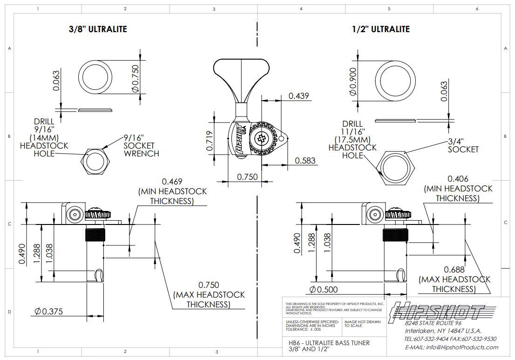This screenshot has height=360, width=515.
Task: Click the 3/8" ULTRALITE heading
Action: point(97,29)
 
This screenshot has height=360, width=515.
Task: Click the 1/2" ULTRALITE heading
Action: point(380,29)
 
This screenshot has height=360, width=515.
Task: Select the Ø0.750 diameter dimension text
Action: point(135,78)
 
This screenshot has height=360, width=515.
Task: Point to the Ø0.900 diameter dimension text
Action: point(352,82)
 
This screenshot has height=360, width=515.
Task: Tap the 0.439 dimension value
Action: point(298,96)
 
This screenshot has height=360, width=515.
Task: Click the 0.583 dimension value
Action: point(305,161)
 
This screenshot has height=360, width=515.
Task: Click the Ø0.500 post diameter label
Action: point(323,290)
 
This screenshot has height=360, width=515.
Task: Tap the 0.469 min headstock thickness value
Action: point(172,182)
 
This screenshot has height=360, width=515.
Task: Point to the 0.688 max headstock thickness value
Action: point(454,270)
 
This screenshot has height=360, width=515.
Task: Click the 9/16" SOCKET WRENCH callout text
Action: point(141,145)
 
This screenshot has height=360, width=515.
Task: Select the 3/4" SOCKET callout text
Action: point(463,145)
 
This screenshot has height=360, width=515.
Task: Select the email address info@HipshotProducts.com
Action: point(451,347)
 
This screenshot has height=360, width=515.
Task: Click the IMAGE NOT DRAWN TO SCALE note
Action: point(362,324)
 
